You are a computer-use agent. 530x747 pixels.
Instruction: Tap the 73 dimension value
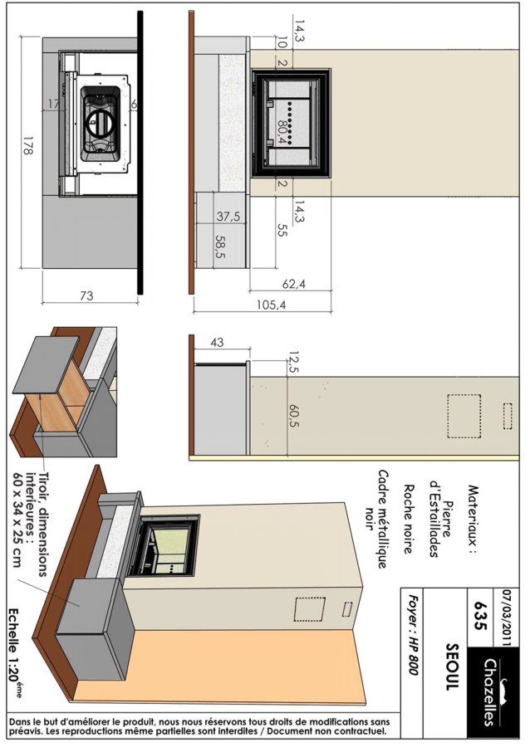(86, 295)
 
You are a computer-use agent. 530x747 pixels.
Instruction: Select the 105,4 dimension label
(271, 305)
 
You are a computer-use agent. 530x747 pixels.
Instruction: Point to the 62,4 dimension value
(293, 285)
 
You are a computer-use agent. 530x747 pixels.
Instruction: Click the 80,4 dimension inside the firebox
(282, 130)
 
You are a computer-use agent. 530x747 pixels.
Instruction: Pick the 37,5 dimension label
(228, 217)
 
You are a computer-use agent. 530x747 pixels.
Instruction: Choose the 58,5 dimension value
(221, 247)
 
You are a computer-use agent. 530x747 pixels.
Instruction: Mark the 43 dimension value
(217, 342)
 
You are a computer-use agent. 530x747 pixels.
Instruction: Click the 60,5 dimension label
(294, 416)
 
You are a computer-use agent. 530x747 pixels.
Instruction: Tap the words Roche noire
(409, 519)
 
